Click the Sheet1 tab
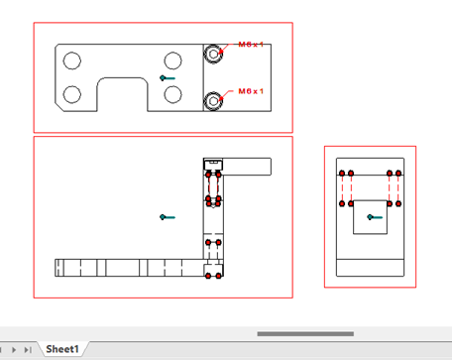click(x=62, y=349)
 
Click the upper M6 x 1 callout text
click(x=251, y=45)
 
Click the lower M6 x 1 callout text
click(x=251, y=91)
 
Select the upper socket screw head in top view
click(x=213, y=54)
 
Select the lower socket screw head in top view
click(x=213, y=101)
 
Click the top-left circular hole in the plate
click(x=72, y=60)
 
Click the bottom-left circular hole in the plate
click(x=72, y=94)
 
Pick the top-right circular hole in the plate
click(x=172, y=60)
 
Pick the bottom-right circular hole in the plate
click(x=172, y=94)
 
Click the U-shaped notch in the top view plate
click(x=122, y=78)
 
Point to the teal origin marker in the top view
click(x=168, y=78)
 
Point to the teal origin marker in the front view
click(x=168, y=217)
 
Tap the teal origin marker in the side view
click(x=375, y=217)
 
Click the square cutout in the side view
click(x=370, y=200)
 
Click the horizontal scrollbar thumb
click(x=305, y=334)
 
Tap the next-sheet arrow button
click(x=14, y=349)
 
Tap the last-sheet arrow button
click(x=28, y=349)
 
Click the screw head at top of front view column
click(x=213, y=165)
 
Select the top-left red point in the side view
click(x=342, y=174)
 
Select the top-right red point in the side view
click(x=398, y=174)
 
